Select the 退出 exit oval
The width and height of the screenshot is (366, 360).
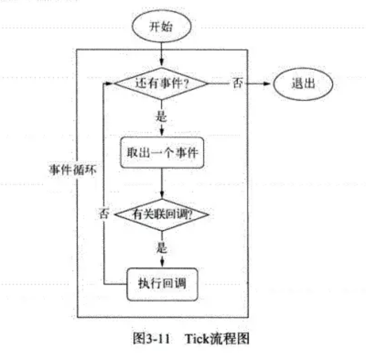[x=303, y=84]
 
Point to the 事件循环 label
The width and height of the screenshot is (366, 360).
[x=70, y=168]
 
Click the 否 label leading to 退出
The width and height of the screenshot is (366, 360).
[x=238, y=84]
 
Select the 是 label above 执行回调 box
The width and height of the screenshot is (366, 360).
[x=161, y=249]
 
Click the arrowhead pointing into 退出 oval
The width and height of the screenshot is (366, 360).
[x=270, y=84]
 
